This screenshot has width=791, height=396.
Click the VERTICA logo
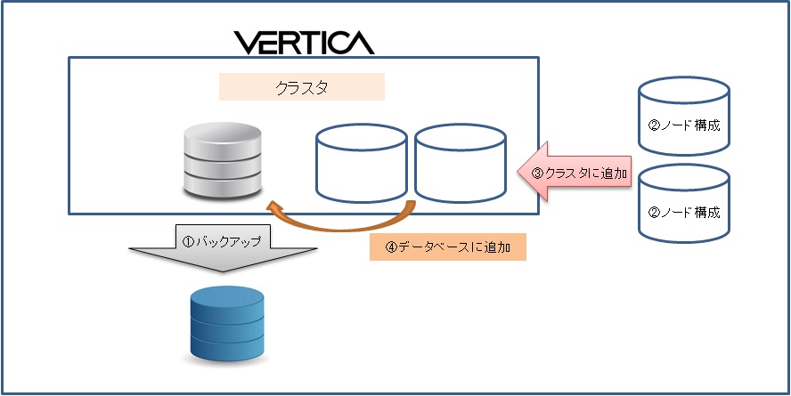304,41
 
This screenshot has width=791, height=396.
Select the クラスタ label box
301,87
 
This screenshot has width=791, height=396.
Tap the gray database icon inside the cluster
223,162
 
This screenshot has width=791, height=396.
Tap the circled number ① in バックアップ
188,241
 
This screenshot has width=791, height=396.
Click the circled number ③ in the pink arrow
537,173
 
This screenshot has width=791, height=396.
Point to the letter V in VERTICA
245,41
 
